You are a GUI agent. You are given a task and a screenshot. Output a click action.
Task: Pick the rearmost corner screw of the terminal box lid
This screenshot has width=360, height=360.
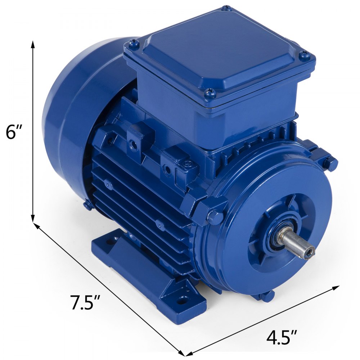click(226, 8)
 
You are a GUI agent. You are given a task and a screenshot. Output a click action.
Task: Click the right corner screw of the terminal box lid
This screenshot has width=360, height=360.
click(305, 55)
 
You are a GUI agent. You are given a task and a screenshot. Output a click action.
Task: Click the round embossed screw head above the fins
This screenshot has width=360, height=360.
click(187, 165)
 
